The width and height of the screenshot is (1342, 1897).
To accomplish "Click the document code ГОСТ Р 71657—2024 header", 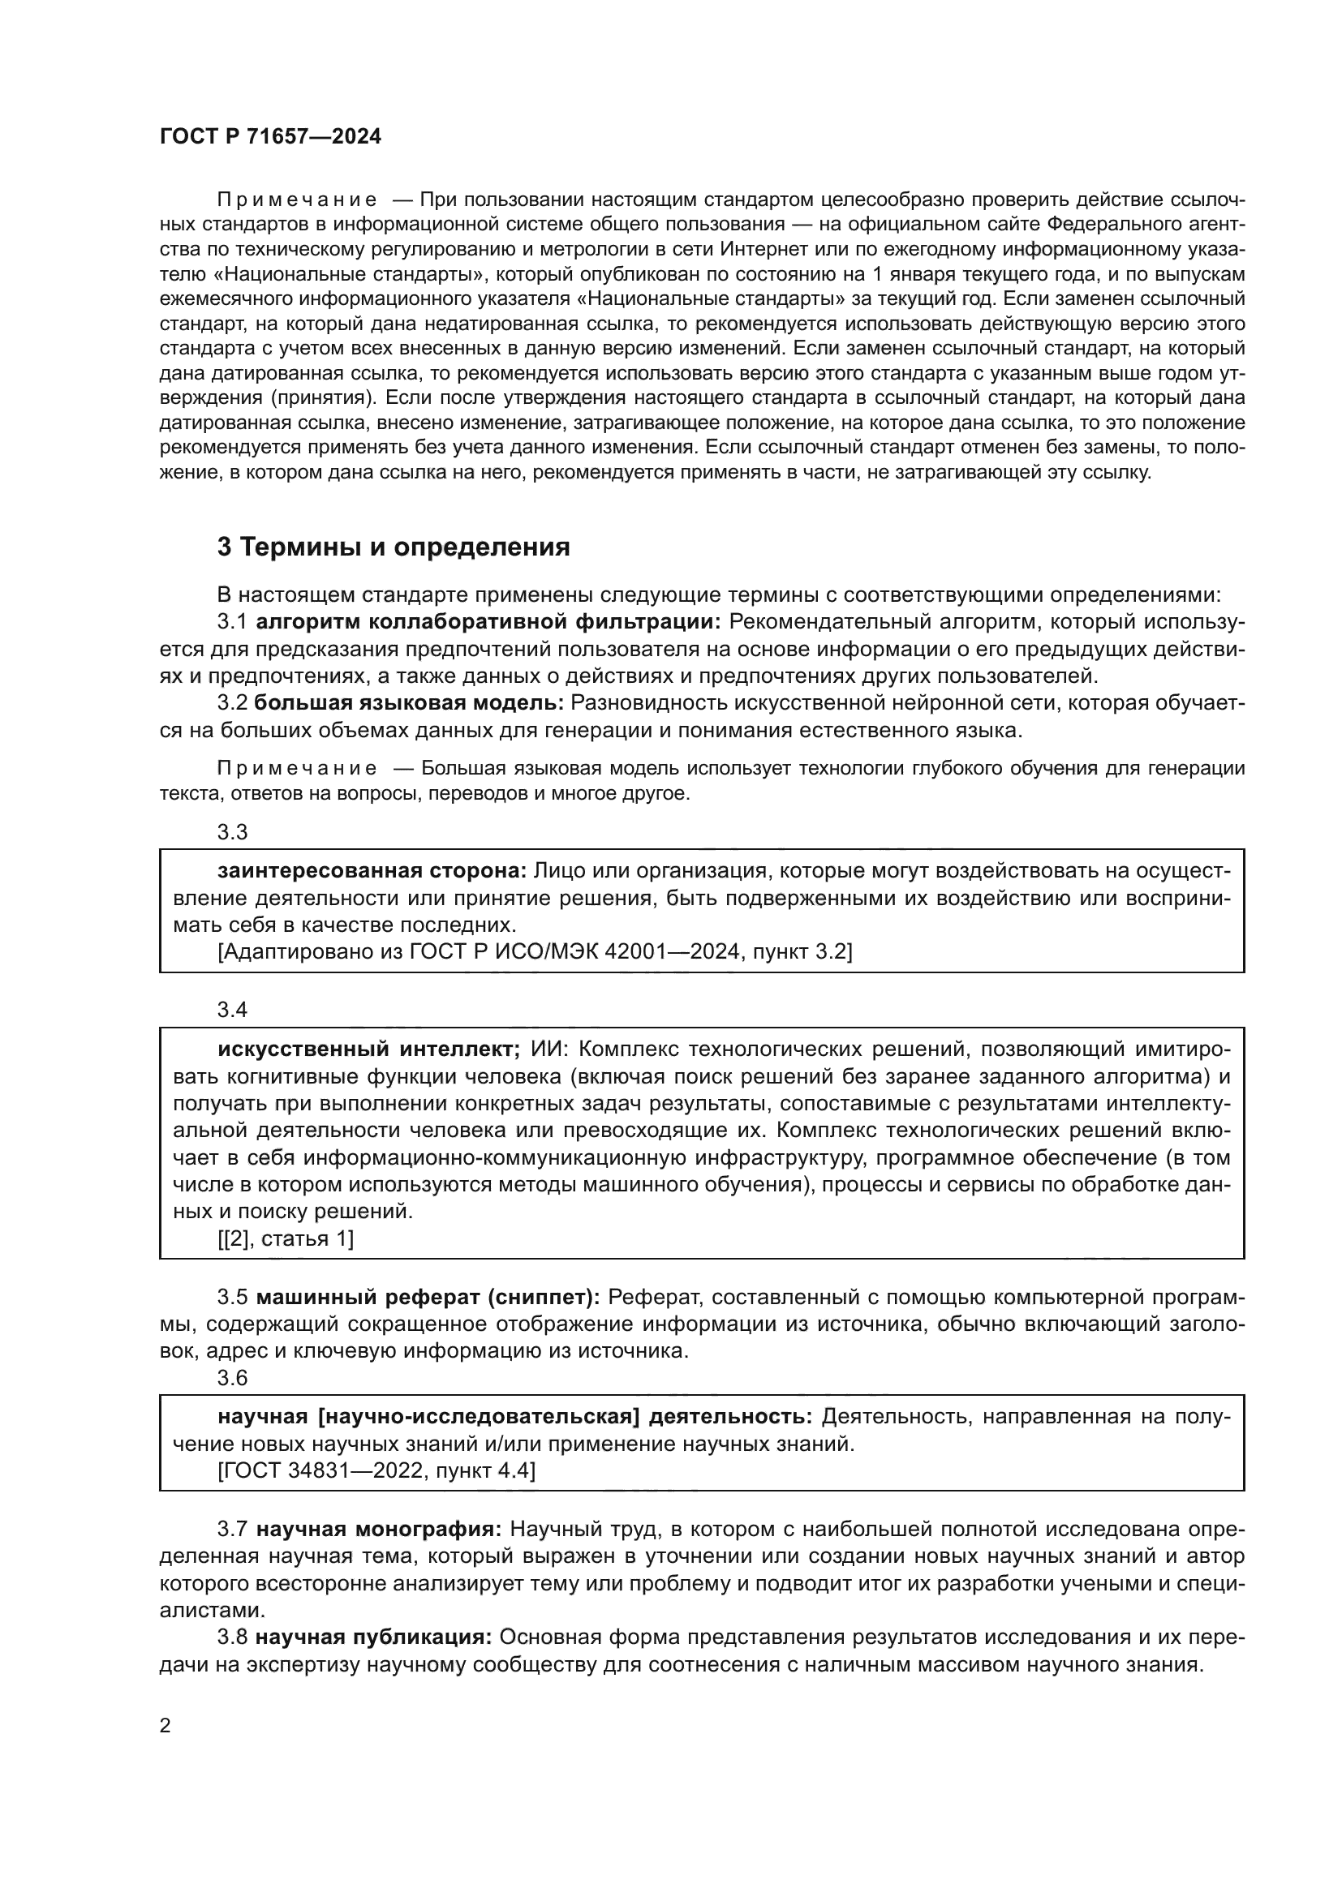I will point(270,137).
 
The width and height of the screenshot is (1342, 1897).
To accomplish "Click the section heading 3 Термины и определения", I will point(394,547).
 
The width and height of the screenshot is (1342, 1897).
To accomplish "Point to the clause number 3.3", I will point(232,832).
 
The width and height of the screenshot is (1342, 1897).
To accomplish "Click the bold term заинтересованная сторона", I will point(372,871).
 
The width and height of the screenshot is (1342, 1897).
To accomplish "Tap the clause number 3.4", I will point(232,1010).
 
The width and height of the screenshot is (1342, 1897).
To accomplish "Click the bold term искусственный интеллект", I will point(368,1049).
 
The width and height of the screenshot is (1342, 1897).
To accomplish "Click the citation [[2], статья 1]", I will point(286,1238).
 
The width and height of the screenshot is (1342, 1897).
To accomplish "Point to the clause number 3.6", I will point(232,1377).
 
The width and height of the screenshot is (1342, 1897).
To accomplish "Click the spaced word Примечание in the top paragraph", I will point(297,200).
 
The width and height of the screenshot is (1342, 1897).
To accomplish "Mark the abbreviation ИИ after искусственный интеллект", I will point(544,1049).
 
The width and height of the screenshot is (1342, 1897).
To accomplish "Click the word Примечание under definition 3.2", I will point(297,768).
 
